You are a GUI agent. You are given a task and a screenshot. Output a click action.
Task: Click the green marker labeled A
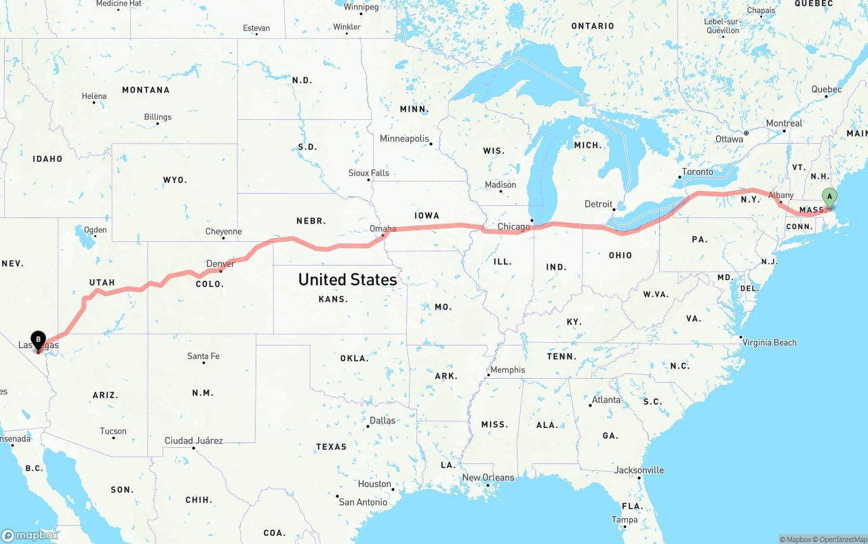[x=829, y=197]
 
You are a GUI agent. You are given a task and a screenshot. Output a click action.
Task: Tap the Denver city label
[x=220, y=264]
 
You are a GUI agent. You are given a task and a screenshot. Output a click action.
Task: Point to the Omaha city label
[x=382, y=229]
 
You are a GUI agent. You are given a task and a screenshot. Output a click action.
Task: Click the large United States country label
[x=347, y=279]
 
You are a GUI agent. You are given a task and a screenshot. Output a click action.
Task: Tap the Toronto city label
[x=697, y=172]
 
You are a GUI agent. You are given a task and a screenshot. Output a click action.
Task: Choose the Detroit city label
[x=598, y=204]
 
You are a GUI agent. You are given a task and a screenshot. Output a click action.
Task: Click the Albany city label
[x=781, y=195]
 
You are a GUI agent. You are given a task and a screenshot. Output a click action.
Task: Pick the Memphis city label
[x=508, y=370]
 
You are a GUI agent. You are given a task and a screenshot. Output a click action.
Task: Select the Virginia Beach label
[x=769, y=342]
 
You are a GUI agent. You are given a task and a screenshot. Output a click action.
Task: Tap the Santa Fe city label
[x=203, y=356]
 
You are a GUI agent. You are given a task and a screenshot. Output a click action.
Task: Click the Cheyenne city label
[x=223, y=232]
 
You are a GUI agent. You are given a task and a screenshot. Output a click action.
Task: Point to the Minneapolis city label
[x=404, y=139]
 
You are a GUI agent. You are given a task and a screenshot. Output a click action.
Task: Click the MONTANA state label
[x=146, y=90]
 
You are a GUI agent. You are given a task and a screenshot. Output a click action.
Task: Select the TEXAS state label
[x=331, y=447]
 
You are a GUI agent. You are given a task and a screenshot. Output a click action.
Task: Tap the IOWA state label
[x=427, y=215]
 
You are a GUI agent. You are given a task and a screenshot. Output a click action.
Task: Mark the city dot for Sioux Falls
[x=370, y=180]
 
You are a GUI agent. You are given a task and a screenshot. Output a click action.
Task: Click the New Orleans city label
[x=488, y=478]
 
